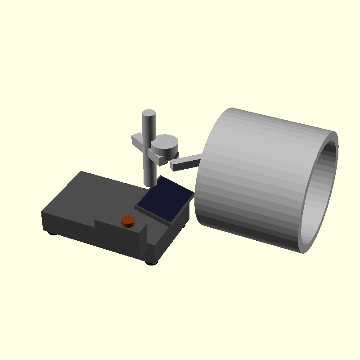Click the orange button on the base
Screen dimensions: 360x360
(x=128, y=220)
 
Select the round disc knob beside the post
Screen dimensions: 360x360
(x=165, y=144)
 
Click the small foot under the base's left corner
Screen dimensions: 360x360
(x=53, y=233)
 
